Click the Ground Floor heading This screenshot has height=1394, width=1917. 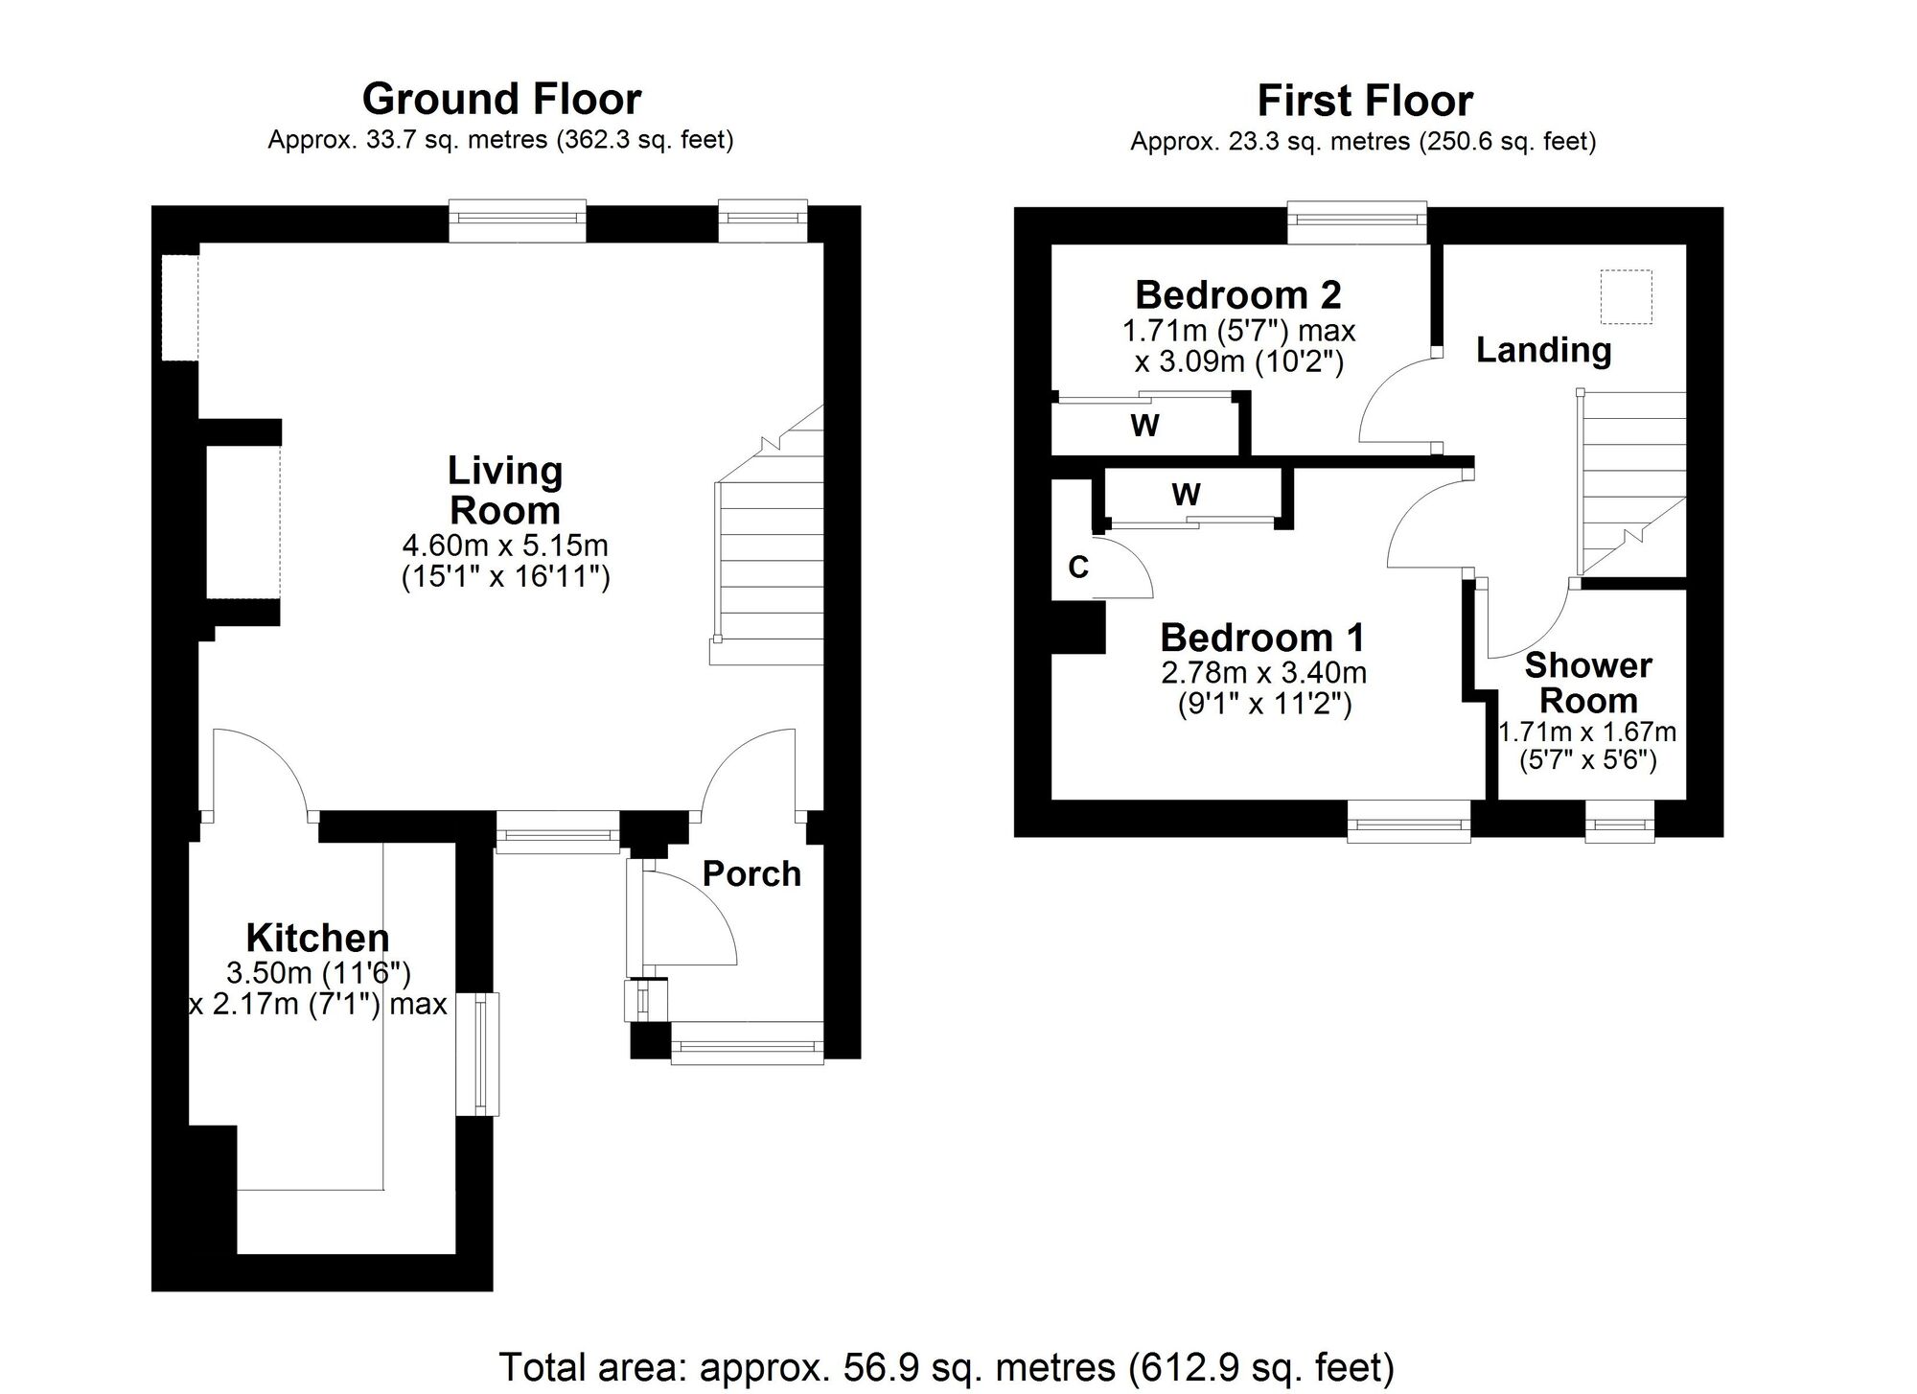[501, 99]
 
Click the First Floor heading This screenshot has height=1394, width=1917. [1365, 101]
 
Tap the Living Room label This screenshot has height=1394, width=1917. [505, 490]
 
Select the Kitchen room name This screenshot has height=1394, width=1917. [318, 937]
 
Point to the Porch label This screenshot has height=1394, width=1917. [751, 873]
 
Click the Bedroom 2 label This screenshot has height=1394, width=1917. [1238, 295]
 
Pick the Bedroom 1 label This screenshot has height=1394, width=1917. [1262, 638]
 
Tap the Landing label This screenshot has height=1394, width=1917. [1543, 350]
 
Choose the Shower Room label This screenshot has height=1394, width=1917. [1588, 683]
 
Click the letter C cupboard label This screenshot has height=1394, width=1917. [1078, 568]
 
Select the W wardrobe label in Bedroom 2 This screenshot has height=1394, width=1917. [1145, 425]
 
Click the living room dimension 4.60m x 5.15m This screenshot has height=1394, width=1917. [505, 546]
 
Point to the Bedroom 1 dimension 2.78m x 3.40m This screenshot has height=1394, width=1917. [1263, 673]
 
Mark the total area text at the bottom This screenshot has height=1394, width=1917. [946, 1367]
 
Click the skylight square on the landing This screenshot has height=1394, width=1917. [1626, 298]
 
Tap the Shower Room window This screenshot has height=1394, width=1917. [1620, 822]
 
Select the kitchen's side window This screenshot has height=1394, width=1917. [477, 1054]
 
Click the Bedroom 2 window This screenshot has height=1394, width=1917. [1357, 222]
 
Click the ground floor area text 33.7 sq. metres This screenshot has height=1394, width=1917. [500, 140]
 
